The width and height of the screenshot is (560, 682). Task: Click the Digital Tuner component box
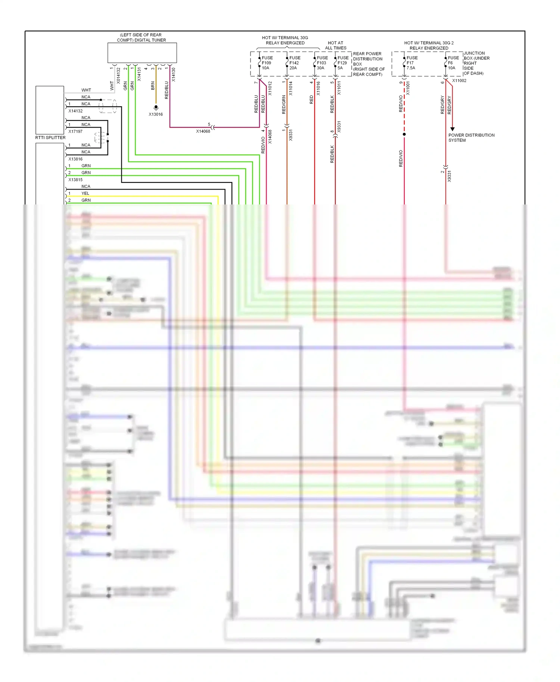142,53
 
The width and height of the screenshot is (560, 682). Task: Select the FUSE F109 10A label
267,63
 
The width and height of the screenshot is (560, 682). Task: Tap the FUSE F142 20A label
295,63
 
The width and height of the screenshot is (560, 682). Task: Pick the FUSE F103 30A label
322,63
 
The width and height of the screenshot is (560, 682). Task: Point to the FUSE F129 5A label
343,63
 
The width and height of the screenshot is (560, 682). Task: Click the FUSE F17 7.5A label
412,63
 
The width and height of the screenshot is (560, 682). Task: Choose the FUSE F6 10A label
453,63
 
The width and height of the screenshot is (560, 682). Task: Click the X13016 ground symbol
156,107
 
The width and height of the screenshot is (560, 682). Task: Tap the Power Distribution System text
471,138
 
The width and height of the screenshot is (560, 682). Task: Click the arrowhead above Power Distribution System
452,129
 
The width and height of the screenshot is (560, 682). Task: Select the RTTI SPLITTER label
50,138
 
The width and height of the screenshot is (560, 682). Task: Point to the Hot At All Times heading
335,46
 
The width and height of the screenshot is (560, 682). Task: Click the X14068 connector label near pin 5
203,131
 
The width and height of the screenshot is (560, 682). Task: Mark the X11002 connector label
459,81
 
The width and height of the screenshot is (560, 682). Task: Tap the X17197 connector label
75,131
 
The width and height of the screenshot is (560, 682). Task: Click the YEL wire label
85,193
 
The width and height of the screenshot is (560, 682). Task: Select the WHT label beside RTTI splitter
86,90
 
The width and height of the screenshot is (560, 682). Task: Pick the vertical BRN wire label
153,86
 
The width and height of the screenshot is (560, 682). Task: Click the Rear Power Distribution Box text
368,64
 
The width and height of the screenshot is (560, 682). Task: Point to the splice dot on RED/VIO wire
404,134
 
